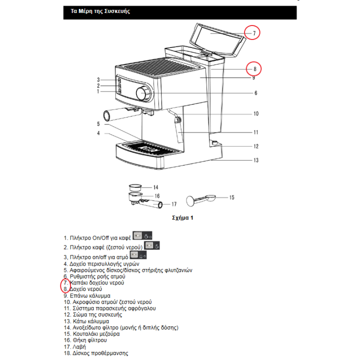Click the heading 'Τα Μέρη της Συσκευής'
(x=97, y=11)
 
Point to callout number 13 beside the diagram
(x=256, y=160)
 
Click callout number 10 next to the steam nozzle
(x=255, y=113)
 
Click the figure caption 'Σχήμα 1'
(x=182, y=218)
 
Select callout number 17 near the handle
(x=174, y=204)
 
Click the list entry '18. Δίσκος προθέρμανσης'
(x=95, y=353)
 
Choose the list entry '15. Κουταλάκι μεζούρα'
(x=91, y=333)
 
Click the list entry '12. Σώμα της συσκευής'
(x=93, y=315)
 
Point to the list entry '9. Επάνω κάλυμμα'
(x=87, y=295)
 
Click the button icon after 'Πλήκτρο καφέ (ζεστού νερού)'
(x=152, y=246)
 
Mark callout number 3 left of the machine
(x=99, y=80)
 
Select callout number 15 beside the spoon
(x=231, y=197)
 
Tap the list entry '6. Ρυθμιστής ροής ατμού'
(x=94, y=276)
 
